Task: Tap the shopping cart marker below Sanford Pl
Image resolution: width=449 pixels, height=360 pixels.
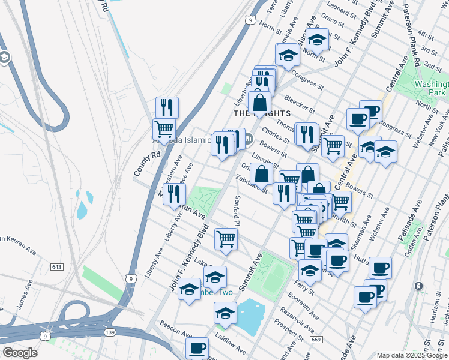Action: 226,239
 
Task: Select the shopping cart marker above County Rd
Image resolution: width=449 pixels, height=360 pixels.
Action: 164,128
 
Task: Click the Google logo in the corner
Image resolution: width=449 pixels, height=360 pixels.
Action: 19,353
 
